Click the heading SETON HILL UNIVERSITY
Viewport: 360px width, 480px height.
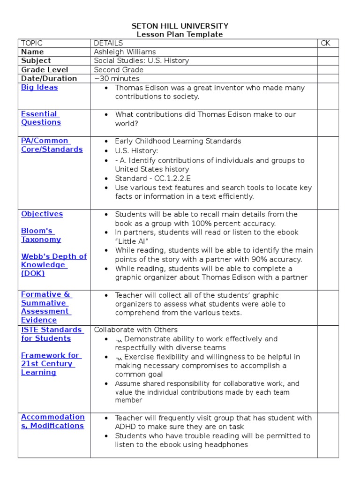pyautogui.click(x=180, y=26)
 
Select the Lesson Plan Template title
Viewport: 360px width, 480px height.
pyautogui.click(x=180, y=34)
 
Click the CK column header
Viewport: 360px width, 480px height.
pyautogui.click(x=325, y=43)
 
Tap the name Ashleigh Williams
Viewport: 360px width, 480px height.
pyautogui.click(x=125, y=52)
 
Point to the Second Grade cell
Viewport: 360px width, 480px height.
pyautogui.click(x=119, y=70)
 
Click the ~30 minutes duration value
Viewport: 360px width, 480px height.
pyautogui.click(x=117, y=79)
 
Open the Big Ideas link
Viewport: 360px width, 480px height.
pyautogui.click(x=39, y=87)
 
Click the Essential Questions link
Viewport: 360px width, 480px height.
pyautogui.click(x=41, y=118)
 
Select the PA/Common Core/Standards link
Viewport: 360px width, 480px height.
pyautogui.click(x=52, y=145)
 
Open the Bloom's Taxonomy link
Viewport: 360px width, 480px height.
pyautogui.click(x=41, y=235)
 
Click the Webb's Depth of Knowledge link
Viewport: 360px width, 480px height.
pyautogui.click(x=53, y=265)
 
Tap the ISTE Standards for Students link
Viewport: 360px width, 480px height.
pyautogui.click(x=52, y=334)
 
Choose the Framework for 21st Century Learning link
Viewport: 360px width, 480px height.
pyautogui.click(x=50, y=364)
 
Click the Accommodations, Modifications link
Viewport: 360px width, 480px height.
pyautogui.click(x=52, y=421)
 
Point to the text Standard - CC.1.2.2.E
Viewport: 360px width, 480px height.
pyautogui.click(x=153, y=179)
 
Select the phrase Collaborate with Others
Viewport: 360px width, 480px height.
pyautogui.click(x=135, y=330)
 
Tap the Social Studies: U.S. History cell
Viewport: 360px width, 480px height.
pyautogui.click(x=141, y=61)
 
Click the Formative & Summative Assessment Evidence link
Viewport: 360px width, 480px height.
pyautogui.click(x=46, y=307)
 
